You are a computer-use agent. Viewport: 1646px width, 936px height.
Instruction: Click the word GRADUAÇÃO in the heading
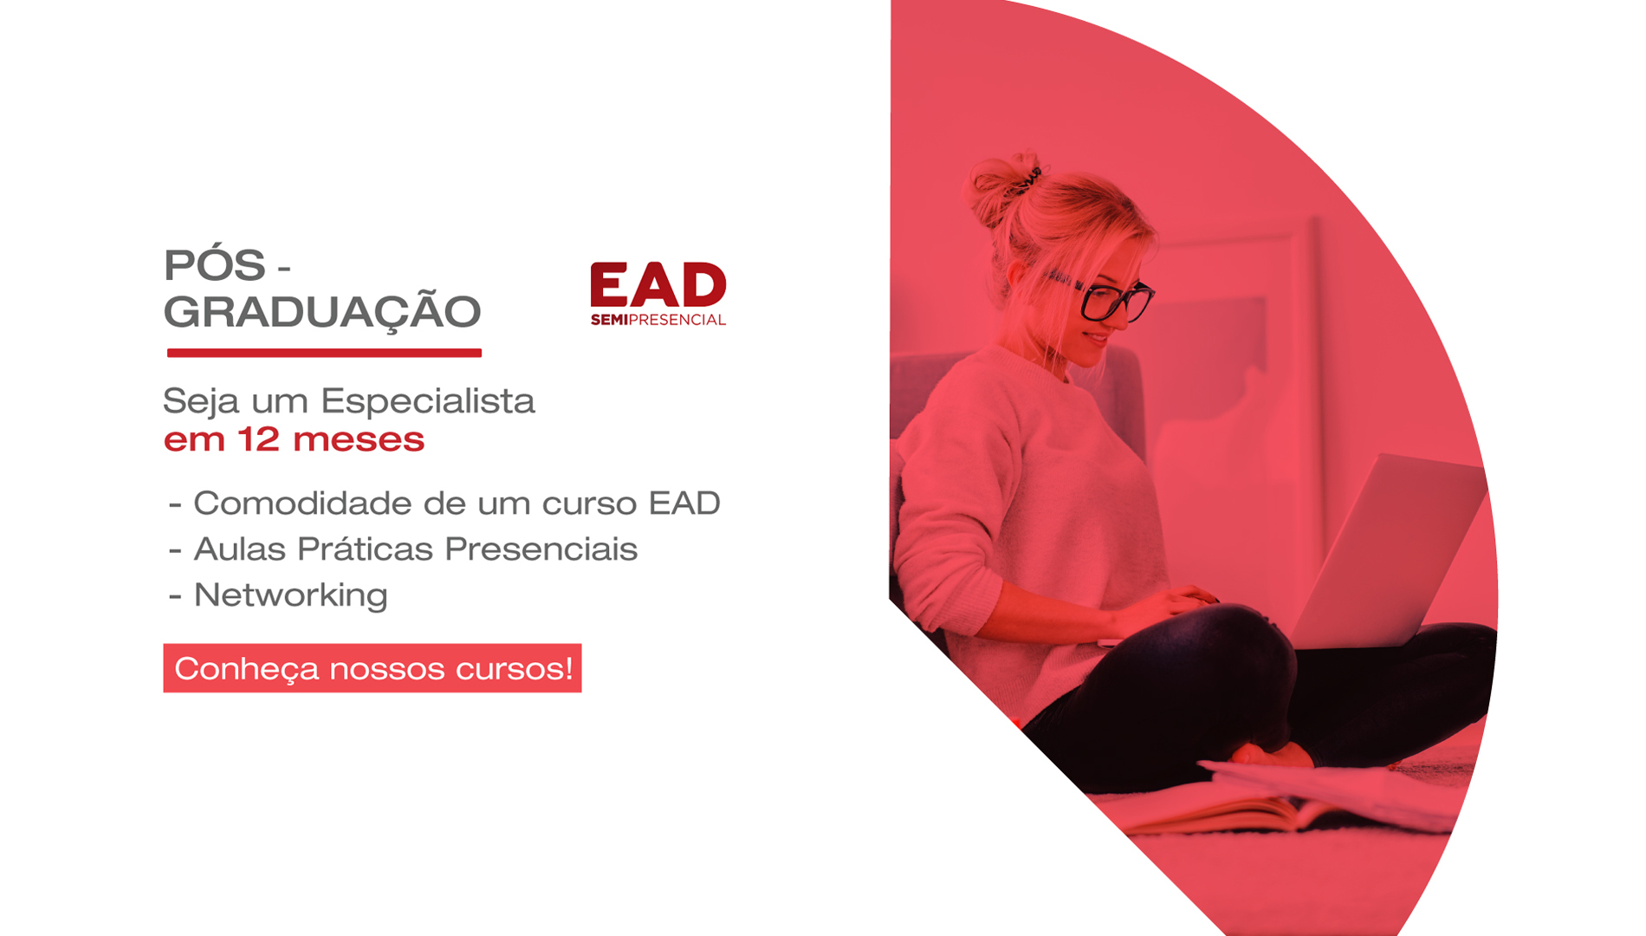322,311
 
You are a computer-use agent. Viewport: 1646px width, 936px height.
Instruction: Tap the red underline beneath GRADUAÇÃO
324,353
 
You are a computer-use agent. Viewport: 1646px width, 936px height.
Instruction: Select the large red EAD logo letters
658,284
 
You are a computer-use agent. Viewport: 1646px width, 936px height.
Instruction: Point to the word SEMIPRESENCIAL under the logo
658,320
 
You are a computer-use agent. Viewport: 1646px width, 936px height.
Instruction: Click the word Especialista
428,401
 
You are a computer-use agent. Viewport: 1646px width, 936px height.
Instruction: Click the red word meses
359,440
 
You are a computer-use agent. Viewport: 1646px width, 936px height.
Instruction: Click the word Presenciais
541,549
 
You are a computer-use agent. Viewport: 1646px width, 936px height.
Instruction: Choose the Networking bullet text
290,596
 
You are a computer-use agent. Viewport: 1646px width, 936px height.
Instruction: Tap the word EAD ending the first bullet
684,503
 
